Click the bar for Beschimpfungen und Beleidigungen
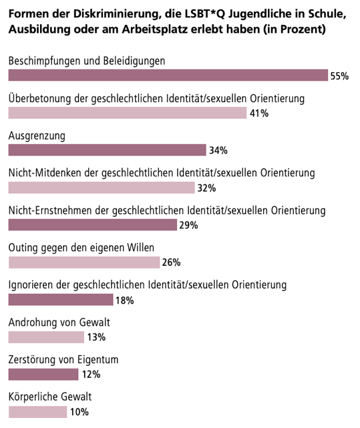click(x=168, y=75)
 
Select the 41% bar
click(x=128, y=113)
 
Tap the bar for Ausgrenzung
click(x=107, y=150)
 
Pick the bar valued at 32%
click(x=102, y=188)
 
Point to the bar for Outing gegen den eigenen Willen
click(x=84, y=262)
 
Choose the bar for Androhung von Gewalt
click(x=46, y=337)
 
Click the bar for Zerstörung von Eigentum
click(x=43, y=374)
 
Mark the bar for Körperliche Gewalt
click(x=37, y=412)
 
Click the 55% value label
click(x=339, y=76)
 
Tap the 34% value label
click(x=218, y=150)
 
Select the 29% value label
click(x=188, y=225)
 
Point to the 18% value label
click(x=125, y=300)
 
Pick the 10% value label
click(x=79, y=412)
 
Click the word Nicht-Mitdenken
click(x=45, y=173)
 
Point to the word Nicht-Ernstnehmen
click(x=50, y=210)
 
